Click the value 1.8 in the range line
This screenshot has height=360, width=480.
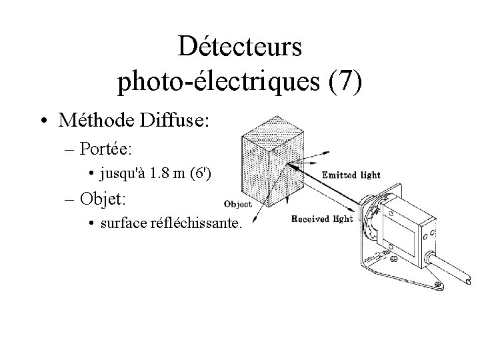pos(161,174)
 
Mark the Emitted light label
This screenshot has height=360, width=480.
pos(351,175)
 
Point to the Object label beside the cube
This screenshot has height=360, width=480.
pos(239,205)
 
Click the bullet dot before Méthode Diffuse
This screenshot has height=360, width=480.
pos(43,121)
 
